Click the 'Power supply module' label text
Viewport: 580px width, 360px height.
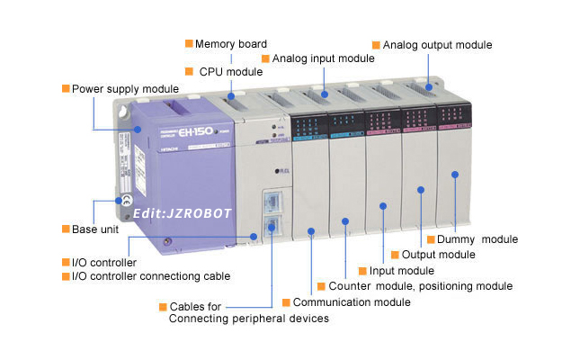(x=125, y=89)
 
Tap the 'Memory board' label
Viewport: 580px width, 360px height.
(x=231, y=43)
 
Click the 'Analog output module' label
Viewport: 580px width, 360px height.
(x=437, y=44)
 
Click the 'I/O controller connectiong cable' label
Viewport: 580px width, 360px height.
(x=151, y=276)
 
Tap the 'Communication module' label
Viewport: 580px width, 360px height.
(x=352, y=302)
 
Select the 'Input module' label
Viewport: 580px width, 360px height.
(x=402, y=271)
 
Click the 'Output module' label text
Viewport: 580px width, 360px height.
(x=438, y=255)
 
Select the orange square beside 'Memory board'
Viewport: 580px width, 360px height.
(x=189, y=43)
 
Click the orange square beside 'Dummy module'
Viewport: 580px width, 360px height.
(x=431, y=239)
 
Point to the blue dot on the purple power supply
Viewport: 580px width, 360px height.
(x=138, y=129)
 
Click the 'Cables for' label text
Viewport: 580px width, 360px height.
(x=195, y=307)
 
